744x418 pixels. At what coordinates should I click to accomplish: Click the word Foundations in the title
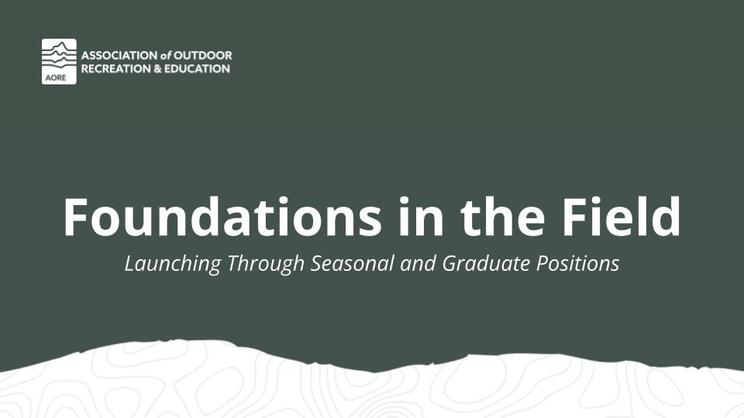tap(222, 217)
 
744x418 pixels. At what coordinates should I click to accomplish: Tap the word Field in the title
tap(621, 217)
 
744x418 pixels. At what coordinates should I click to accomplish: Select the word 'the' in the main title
tap(503, 217)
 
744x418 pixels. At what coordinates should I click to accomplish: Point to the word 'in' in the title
tap(422, 217)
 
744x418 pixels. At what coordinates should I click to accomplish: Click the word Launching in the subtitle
tap(173, 264)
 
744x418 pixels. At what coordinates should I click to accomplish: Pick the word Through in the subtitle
tap(266, 264)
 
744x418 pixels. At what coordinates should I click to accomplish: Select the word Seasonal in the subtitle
tap(352, 263)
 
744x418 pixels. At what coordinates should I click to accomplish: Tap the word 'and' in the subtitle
tap(418, 263)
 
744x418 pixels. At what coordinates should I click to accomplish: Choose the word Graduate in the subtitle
tap(487, 263)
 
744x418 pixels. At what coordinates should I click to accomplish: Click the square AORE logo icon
tap(59, 62)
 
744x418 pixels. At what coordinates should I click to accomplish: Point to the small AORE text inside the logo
tap(56, 77)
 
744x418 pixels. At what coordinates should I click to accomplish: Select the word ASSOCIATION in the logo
tap(119, 56)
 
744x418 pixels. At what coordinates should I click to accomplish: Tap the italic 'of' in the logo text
tap(166, 56)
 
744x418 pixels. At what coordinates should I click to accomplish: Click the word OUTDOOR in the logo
tap(203, 56)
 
